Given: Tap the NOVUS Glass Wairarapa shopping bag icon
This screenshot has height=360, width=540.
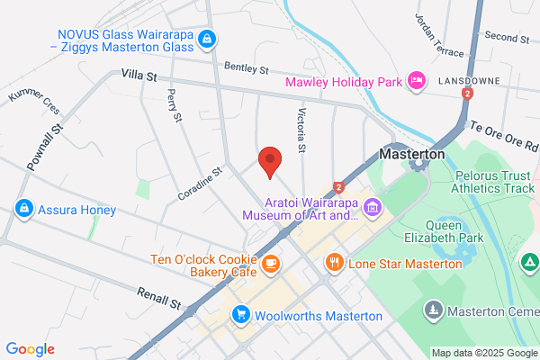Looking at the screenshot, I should click(x=208, y=39).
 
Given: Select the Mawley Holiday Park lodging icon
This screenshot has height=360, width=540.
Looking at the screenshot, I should click(x=417, y=81).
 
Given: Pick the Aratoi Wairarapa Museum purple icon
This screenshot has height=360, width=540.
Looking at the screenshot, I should click(x=372, y=209).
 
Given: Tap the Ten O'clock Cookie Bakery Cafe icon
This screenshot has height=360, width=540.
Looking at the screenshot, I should click(x=270, y=263).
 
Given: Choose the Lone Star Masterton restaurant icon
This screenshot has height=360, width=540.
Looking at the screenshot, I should click(x=334, y=262).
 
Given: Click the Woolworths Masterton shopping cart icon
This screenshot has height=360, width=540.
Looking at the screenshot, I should click(x=240, y=315).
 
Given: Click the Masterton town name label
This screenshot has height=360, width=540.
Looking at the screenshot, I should click(x=412, y=154).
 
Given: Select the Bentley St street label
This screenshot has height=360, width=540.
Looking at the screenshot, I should click(x=247, y=68).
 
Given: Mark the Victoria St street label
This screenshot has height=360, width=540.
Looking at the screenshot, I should click(x=302, y=130).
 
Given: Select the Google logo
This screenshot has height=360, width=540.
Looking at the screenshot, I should click(x=30, y=349).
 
